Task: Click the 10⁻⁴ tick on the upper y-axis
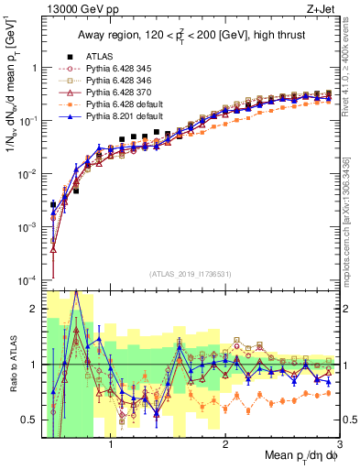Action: pyautogui.click(x=27, y=279)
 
